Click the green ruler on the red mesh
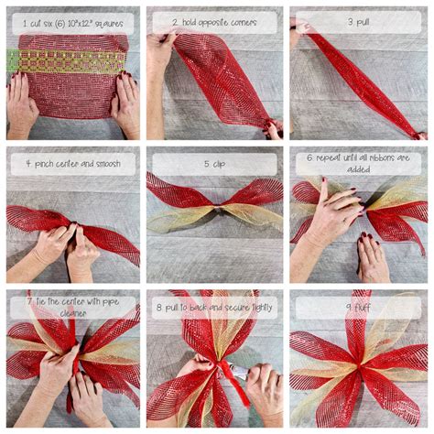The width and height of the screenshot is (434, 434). coord(64,61)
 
